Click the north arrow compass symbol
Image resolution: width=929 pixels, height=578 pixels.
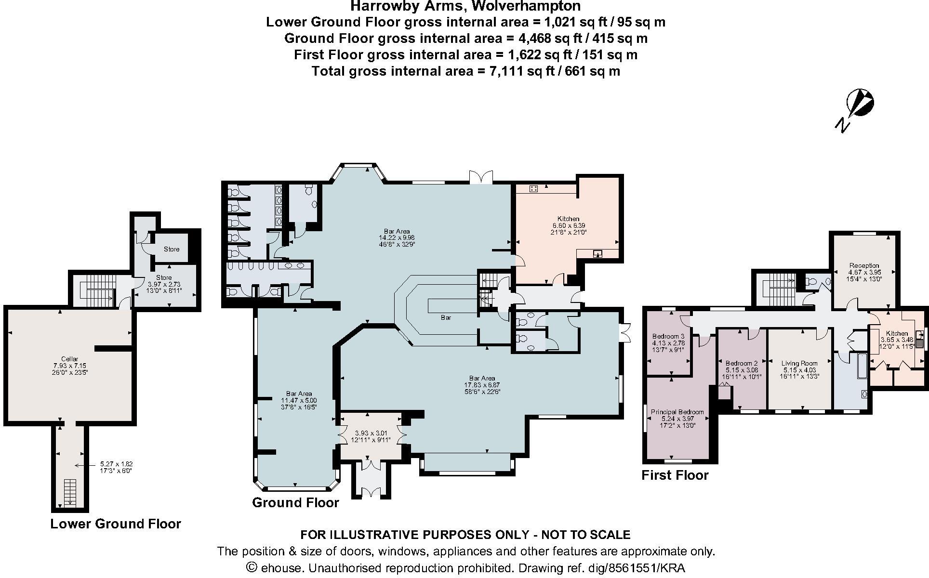click(859, 104)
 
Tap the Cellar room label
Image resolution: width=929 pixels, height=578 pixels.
click(69, 359)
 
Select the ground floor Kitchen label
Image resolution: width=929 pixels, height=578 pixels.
click(569, 219)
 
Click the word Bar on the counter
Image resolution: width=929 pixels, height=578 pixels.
click(446, 318)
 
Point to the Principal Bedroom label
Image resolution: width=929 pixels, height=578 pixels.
click(677, 412)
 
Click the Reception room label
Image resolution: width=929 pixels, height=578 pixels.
click(864, 265)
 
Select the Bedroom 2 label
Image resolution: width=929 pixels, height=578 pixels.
click(741, 363)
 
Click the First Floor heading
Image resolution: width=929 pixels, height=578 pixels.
click(675, 475)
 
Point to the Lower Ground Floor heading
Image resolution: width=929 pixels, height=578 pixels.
click(116, 524)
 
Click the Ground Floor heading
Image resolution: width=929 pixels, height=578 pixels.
click(295, 503)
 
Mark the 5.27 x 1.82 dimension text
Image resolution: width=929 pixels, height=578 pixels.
click(113, 464)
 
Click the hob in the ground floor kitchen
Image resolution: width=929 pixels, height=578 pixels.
click(534, 189)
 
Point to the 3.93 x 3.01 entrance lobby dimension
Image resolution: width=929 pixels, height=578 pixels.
click(369, 433)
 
